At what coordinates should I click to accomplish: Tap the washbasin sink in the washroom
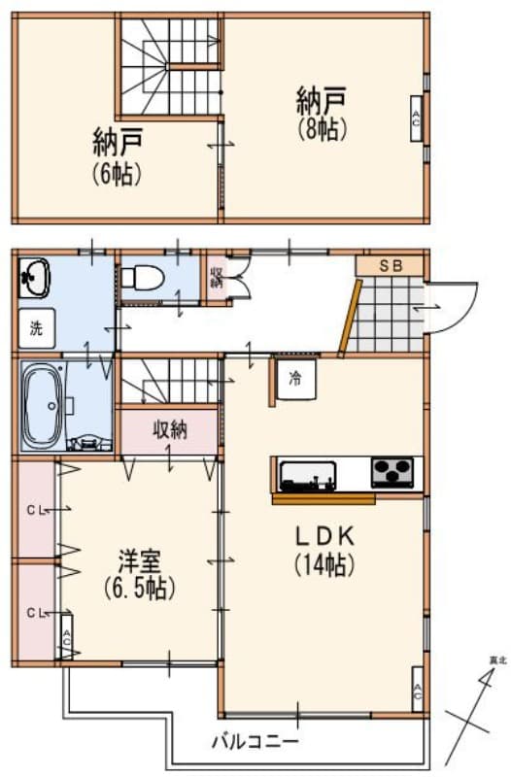coord(35,278)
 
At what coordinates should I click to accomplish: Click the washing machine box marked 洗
coord(36,328)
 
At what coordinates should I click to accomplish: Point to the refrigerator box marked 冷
coord(293,378)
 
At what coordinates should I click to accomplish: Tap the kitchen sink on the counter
coord(308,476)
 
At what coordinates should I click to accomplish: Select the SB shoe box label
coord(390,264)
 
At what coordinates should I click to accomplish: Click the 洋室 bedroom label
coord(139,561)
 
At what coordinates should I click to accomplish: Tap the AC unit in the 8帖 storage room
coord(416,119)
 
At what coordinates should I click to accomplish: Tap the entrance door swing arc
coord(455,305)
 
